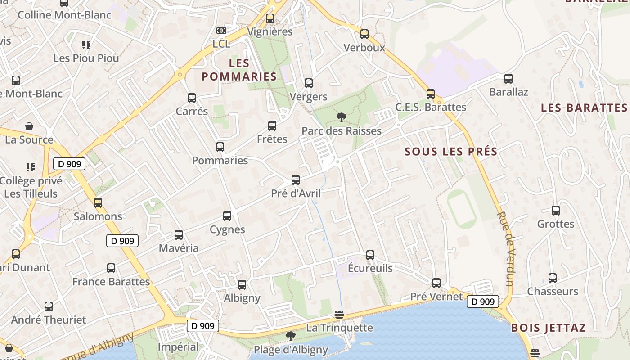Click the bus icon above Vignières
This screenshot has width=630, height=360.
point(270,18)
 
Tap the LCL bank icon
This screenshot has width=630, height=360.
point(221,30)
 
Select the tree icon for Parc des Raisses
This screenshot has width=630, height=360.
point(341,117)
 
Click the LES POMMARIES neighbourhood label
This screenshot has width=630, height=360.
point(238,70)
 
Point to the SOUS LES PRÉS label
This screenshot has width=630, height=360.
point(451,152)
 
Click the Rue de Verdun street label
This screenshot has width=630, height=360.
point(506,248)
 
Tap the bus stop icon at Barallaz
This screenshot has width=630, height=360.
point(508,79)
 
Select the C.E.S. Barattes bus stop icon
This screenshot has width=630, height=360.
point(431,94)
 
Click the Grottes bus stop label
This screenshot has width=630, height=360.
point(556,224)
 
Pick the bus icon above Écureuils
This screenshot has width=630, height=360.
point(370,255)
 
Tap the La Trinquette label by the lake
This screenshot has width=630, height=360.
point(339,328)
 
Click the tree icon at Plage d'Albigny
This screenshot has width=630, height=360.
point(291,336)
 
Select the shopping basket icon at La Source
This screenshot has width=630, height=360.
point(29,126)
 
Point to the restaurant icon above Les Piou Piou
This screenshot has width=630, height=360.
point(86,45)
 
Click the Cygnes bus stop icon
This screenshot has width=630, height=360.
point(227,216)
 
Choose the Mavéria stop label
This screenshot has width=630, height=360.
point(179,248)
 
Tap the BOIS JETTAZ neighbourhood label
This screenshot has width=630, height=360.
point(548,328)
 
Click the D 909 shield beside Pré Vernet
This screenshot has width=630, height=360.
point(483,301)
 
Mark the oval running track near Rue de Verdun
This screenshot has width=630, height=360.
point(462,209)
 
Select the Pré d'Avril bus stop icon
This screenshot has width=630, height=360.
point(296,180)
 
